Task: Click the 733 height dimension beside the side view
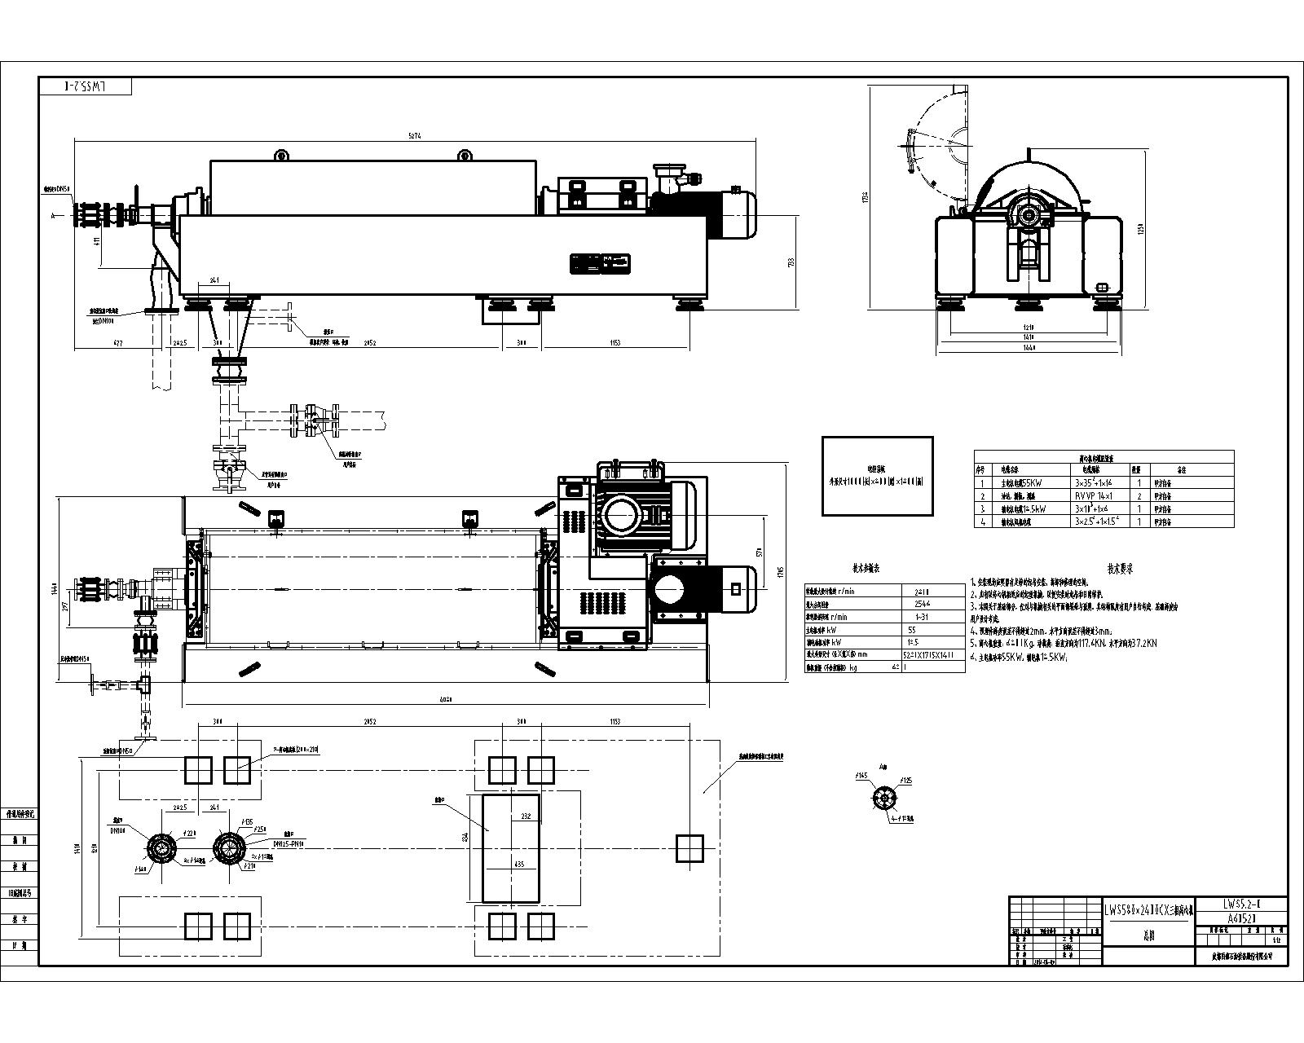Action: [789, 262]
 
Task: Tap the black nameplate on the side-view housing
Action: [601, 263]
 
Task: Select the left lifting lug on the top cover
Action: [281, 154]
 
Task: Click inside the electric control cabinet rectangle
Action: [877, 476]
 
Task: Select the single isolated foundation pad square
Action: [689, 848]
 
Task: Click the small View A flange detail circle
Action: [883, 799]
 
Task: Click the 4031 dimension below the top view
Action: [446, 698]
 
